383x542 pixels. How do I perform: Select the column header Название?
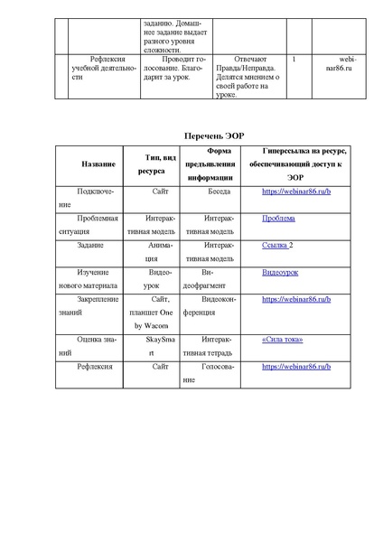click(x=98, y=164)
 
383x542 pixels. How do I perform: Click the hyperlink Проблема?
click(x=277, y=219)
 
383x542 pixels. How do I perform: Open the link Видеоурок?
click(x=281, y=271)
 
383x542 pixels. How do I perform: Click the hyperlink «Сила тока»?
click(x=282, y=340)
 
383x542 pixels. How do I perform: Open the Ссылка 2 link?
click(x=277, y=245)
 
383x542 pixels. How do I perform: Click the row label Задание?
click(x=90, y=245)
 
